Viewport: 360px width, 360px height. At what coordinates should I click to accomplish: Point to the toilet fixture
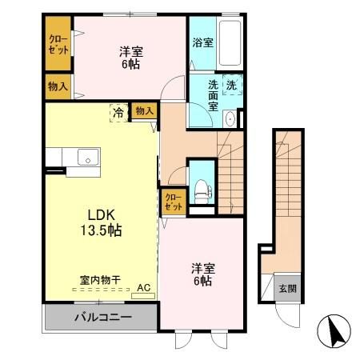coord(200,190)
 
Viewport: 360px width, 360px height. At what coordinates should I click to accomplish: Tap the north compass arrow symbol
coord(335,330)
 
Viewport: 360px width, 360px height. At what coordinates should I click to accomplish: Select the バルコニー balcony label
coord(103,318)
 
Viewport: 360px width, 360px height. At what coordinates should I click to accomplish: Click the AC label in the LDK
coord(144,286)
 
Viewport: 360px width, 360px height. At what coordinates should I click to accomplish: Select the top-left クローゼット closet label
coord(57,44)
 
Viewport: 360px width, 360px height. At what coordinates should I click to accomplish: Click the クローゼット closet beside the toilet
coord(173,200)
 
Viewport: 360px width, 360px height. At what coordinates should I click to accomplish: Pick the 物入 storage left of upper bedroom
coord(57,85)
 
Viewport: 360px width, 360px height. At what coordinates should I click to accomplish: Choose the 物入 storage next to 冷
coord(143,112)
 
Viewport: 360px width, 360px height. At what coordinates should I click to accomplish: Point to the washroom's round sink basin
coord(230,120)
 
